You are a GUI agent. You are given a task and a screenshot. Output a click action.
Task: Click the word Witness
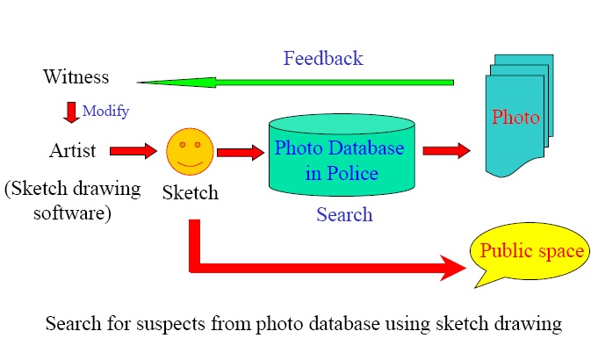pyautogui.click(x=76, y=77)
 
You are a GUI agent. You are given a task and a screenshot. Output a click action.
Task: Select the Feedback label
pyautogui.click(x=322, y=59)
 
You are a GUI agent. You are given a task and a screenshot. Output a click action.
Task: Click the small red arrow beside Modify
pyautogui.click(x=71, y=112)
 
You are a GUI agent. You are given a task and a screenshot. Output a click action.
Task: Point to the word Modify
pyautogui.click(x=105, y=112)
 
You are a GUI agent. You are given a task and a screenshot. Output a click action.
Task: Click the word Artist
pyautogui.click(x=73, y=151)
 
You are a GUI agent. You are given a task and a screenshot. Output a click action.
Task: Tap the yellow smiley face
pyautogui.click(x=190, y=151)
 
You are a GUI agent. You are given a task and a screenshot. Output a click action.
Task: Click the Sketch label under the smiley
pyautogui.click(x=190, y=191)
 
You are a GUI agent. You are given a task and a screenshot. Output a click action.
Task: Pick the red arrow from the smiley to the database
pyautogui.click(x=240, y=153)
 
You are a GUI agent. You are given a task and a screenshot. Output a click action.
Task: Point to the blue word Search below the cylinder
pyautogui.click(x=343, y=214)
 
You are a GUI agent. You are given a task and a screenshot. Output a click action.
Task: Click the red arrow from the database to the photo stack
pyautogui.click(x=446, y=150)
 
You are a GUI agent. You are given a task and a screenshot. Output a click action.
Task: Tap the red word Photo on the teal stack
pyautogui.click(x=515, y=118)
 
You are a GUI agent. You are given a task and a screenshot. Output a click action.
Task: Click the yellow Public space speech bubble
pyautogui.click(x=528, y=253)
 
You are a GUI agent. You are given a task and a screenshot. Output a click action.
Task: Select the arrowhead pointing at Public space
pyautogui.click(x=451, y=267)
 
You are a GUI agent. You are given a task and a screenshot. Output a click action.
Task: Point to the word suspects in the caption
pyautogui.click(x=162, y=324)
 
